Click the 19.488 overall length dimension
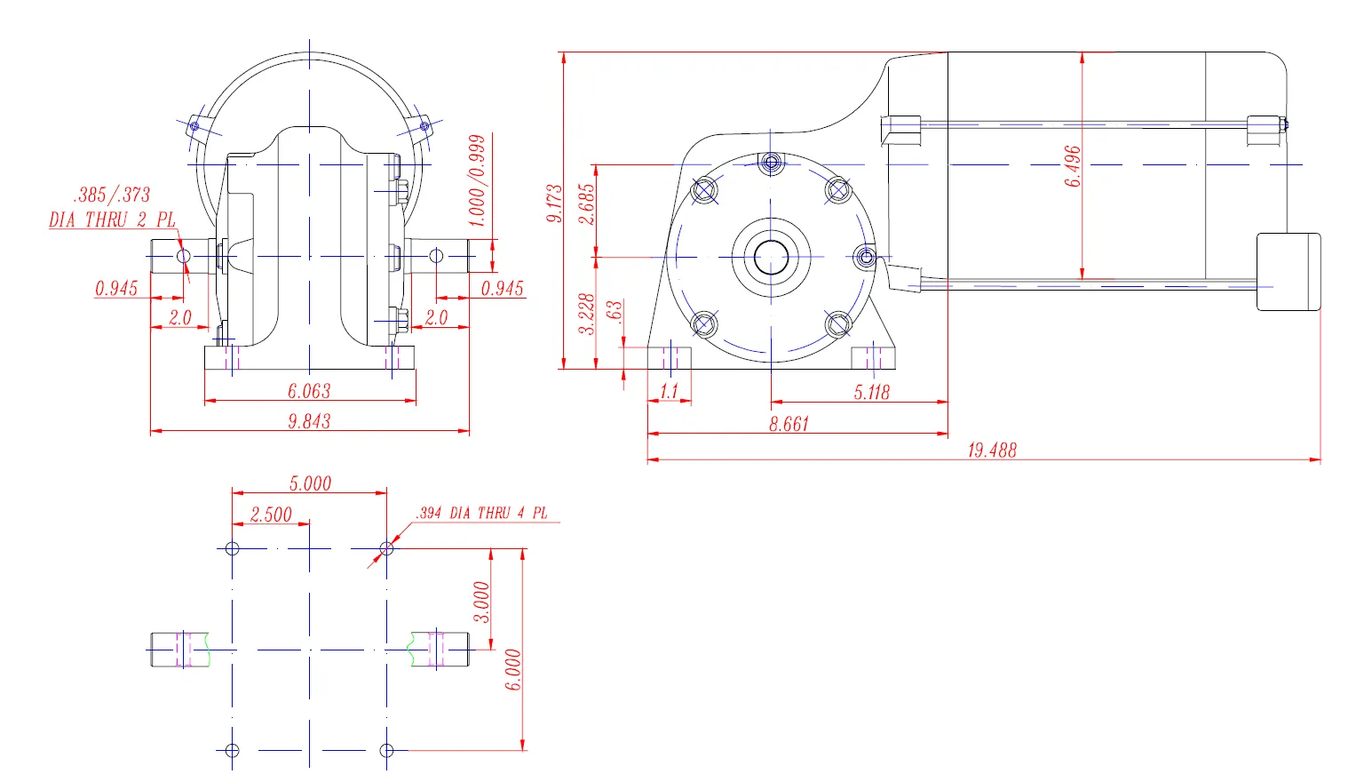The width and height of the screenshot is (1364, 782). point(991,450)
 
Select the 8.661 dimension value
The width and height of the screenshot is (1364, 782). point(789,424)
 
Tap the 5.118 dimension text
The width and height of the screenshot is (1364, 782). point(871,392)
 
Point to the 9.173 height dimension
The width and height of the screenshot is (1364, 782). point(554,203)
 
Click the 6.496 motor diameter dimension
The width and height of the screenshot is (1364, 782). point(1073,166)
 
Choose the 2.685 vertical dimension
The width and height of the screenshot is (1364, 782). point(587,203)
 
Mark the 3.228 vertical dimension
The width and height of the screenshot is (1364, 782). point(587,314)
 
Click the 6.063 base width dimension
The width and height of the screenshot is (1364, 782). point(309,391)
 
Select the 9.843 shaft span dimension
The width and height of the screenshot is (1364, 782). point(309,421)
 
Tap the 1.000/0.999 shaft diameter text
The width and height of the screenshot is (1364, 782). point(477,180)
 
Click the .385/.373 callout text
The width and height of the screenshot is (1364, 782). point(112,195)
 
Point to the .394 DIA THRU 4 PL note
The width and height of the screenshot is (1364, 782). point(481,513)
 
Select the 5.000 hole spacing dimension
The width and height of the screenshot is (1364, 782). point(310,483)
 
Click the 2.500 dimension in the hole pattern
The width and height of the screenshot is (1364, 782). point(271,515)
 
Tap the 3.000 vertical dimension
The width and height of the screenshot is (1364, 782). point(481,602)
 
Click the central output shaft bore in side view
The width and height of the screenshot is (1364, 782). point(771,258)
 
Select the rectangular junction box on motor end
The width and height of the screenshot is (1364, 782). point(1289,272)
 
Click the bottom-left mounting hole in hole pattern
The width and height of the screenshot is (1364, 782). point(233,751)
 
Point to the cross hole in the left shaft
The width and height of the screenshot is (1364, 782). point(184,256)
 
